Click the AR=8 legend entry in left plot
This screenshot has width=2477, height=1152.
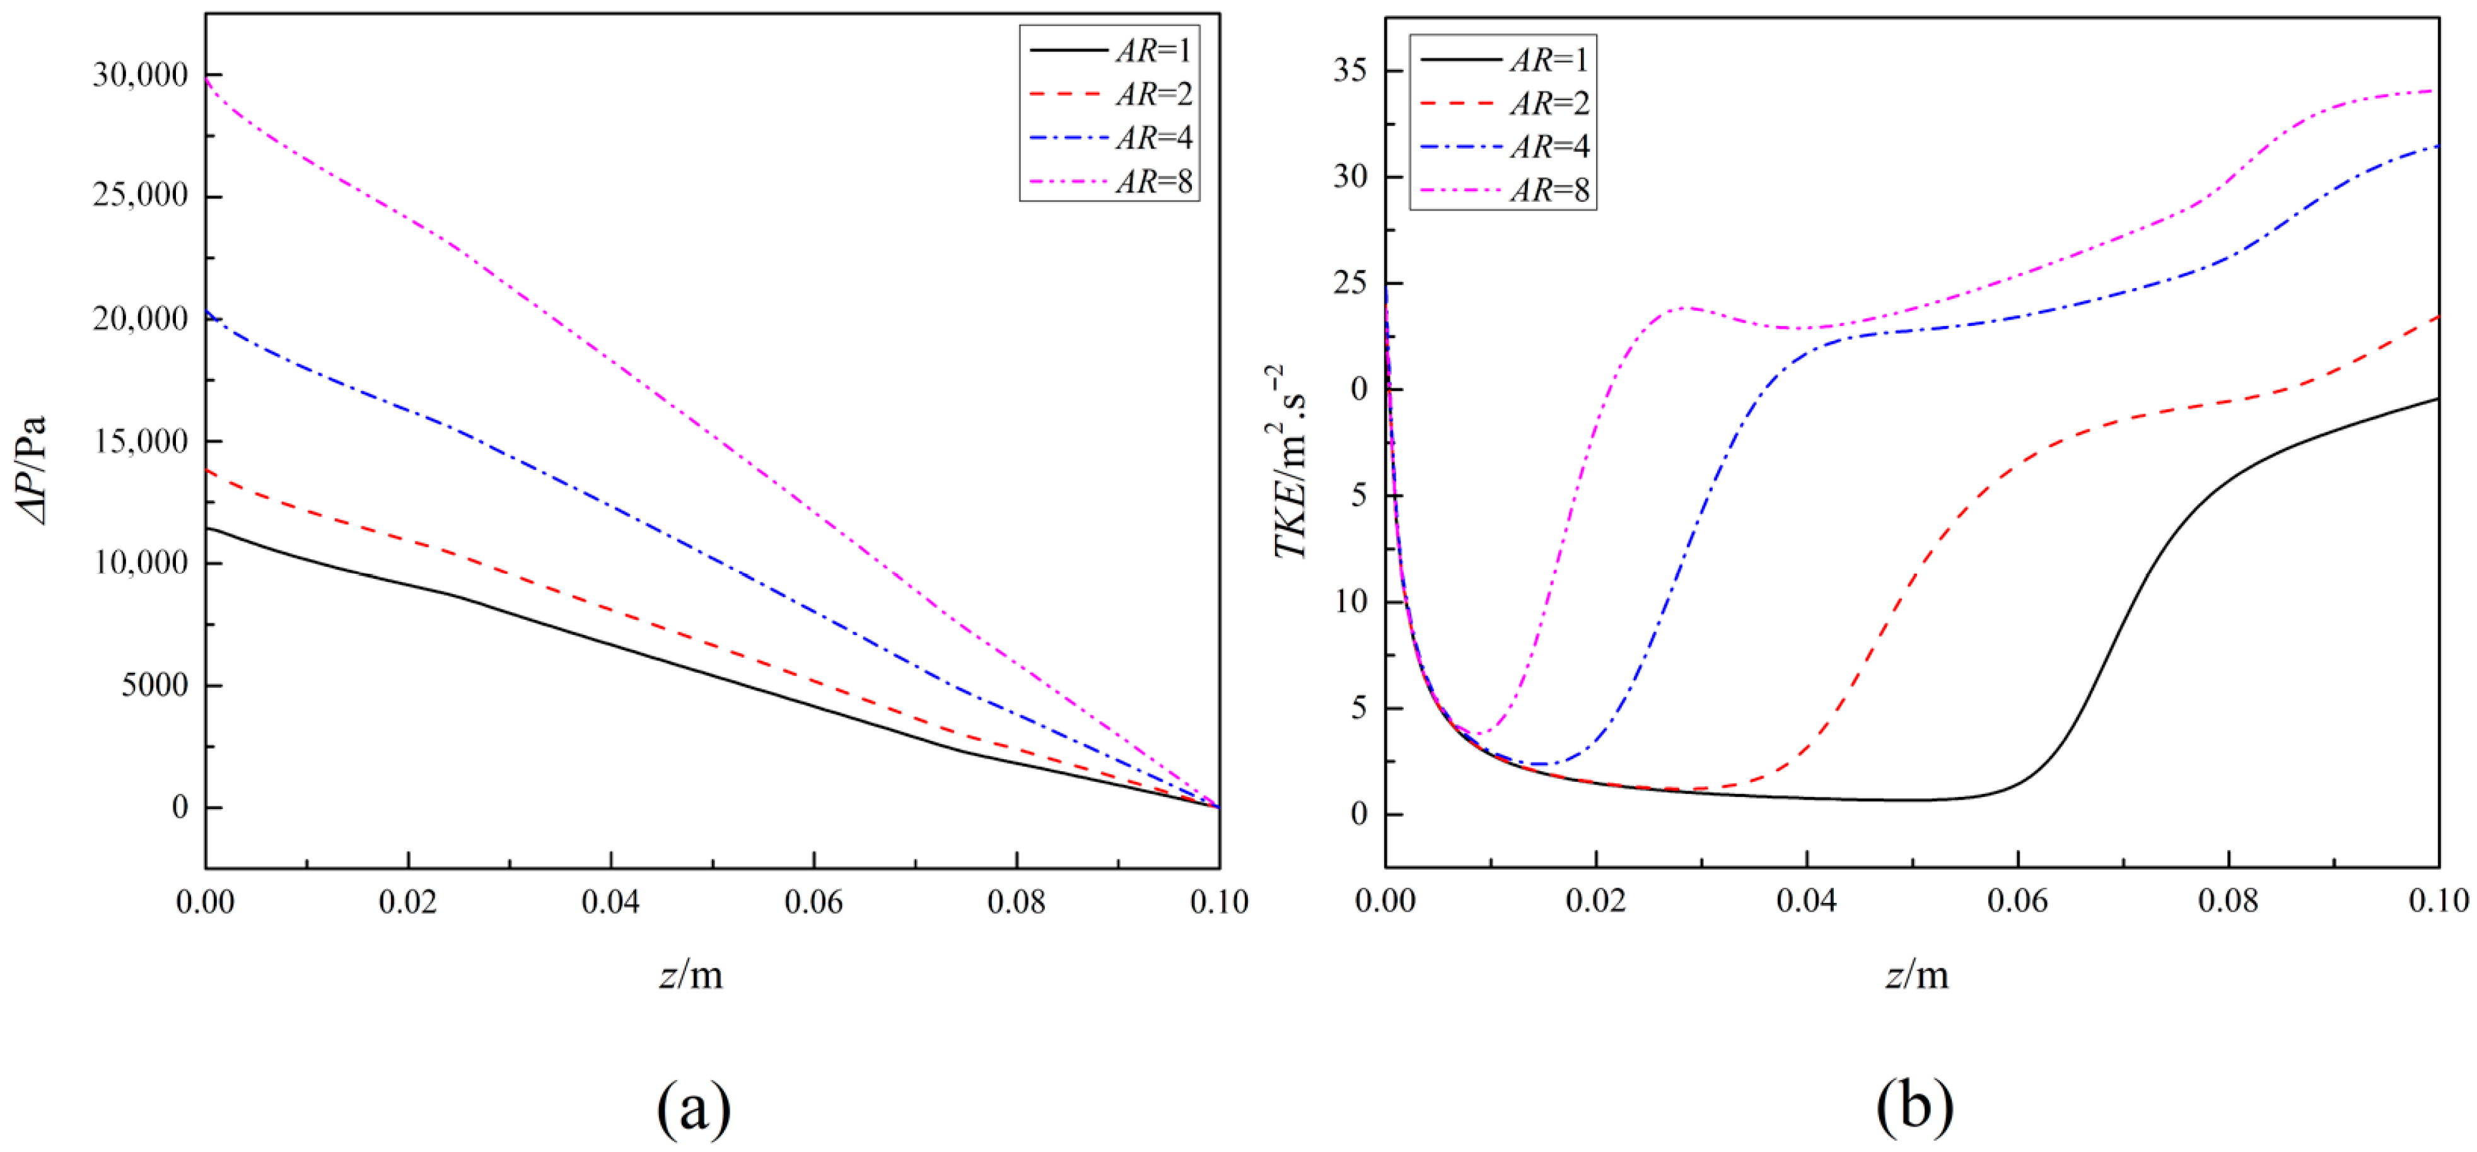point(1110,181)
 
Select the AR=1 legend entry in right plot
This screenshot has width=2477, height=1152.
point(1504,60)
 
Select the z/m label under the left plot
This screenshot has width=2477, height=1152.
point(691,975)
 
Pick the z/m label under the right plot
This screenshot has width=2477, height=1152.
point(1916,975)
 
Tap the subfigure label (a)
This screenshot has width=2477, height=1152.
point(693,1107)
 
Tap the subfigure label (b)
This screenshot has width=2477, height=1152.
point(1913,1107)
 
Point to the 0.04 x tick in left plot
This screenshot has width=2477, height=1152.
point(610,902)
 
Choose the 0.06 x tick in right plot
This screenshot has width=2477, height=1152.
point(2017,901)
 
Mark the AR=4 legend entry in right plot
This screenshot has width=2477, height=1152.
point(1504,146)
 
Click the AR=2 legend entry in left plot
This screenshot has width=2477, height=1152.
point(1110,94)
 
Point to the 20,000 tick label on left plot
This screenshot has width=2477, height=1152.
point(141,318)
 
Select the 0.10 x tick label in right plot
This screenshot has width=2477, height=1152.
point(2437,901)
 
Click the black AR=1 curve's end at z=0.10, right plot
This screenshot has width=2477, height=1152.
point(2437,398)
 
